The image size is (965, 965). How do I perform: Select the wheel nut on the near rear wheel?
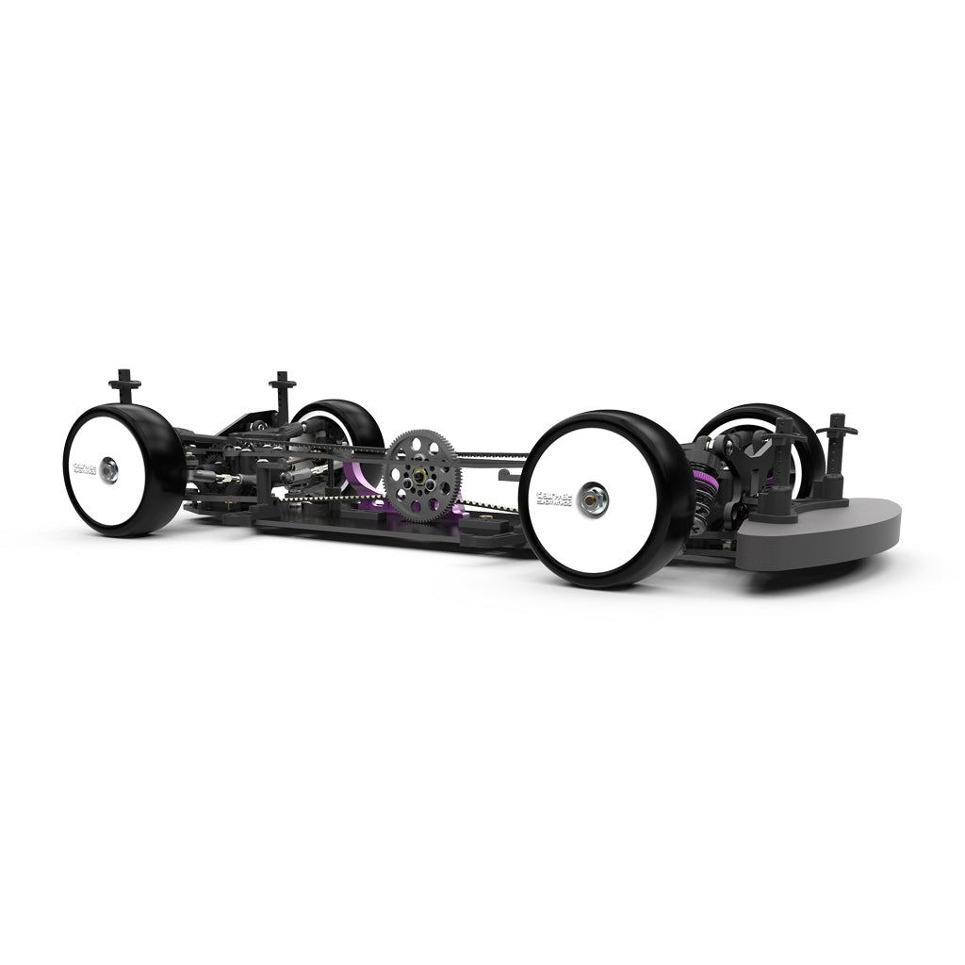pos(110,468)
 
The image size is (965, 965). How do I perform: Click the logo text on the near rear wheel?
pos(79,467)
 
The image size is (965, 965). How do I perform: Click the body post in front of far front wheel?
pos(784,443)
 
